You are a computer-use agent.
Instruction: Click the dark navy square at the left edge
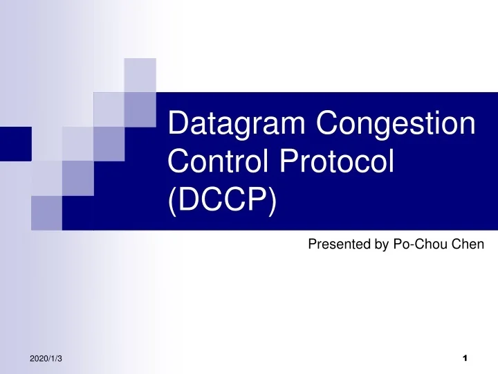[x=15, y=144]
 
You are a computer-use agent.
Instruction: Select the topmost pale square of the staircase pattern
[x=140, y=74]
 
